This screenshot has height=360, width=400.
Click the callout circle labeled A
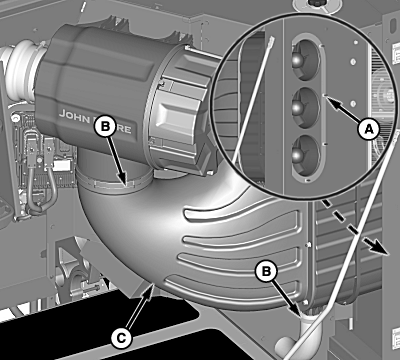click(x=368, y=129)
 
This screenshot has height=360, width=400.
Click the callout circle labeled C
click(x=121, y=338)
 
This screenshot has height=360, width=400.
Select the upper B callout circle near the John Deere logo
click(x=105, y=126)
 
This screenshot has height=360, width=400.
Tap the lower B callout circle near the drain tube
click(x=266, y=271)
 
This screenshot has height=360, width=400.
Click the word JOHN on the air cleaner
click(x=74, y=115)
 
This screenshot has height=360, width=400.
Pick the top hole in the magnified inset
click(x=305, y=60)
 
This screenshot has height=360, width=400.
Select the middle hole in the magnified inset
click(x=305, y=107)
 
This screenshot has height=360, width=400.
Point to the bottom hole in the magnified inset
click(x=305, y=155)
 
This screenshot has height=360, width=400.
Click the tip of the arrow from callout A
click(x=326, y=96)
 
